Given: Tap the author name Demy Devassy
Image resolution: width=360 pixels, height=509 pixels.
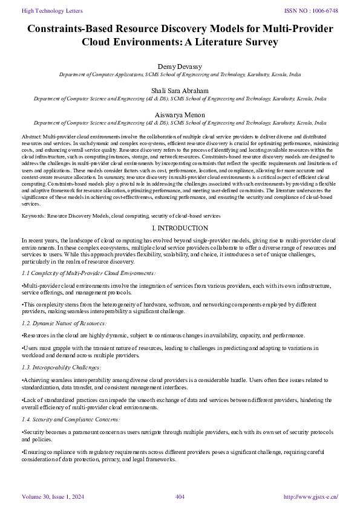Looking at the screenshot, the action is click(x=180, y=65).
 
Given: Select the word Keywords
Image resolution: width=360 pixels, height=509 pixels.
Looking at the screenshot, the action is click(x=34, y=215).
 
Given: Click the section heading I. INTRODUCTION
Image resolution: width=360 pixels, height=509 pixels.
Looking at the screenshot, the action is click(x=180, y=228).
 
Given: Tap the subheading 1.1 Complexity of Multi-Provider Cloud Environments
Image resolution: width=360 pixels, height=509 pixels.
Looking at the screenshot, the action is click(x=88, y=273).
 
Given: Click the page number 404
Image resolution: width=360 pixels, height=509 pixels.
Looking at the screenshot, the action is click(x=180, y=497).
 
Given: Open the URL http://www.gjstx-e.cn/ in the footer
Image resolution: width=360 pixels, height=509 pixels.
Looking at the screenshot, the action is click(x=310, y=497).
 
